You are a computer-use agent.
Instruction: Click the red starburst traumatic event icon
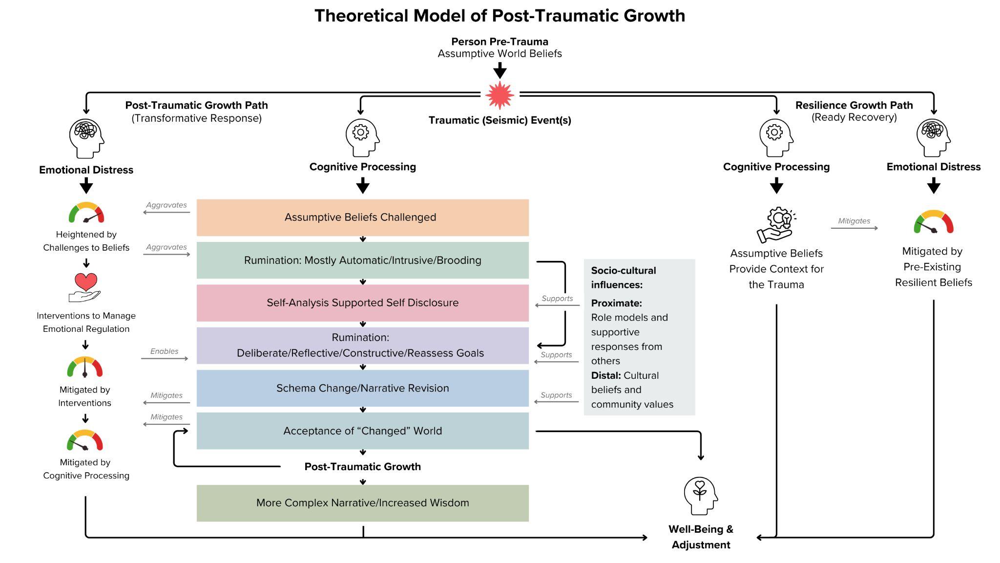[x=500, y=95]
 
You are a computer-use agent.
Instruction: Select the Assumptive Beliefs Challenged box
[x=362, y=217]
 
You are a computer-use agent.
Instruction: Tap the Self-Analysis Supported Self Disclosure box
[x=362, y=303]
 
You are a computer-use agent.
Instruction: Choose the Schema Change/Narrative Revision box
[x=362, y=388]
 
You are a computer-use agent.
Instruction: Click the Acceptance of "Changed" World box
[x=362, y=431]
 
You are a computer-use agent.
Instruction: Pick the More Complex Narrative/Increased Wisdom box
[x=362, y=503]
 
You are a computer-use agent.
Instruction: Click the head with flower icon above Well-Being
[x=700, y=496]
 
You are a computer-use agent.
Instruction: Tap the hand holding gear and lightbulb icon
[x=776, y=225]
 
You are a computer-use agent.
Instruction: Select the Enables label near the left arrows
[x=164, y=351]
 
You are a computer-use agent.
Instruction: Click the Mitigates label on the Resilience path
[x=854, y=221]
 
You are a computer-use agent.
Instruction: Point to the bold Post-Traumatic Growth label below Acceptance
[x=362, y=466]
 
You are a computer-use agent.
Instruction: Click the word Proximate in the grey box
[x=616, y=303]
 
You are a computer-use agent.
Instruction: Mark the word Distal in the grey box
[x=605, y=375]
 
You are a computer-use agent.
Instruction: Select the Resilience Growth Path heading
[x=854, y=105]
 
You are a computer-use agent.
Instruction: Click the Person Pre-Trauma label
[x=500, y=42]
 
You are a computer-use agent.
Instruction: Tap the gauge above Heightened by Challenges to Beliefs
[x=86, y=213]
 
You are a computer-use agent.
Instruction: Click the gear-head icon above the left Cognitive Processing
[x=362, y=137]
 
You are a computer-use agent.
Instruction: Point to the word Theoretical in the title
[x=361, y=16]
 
